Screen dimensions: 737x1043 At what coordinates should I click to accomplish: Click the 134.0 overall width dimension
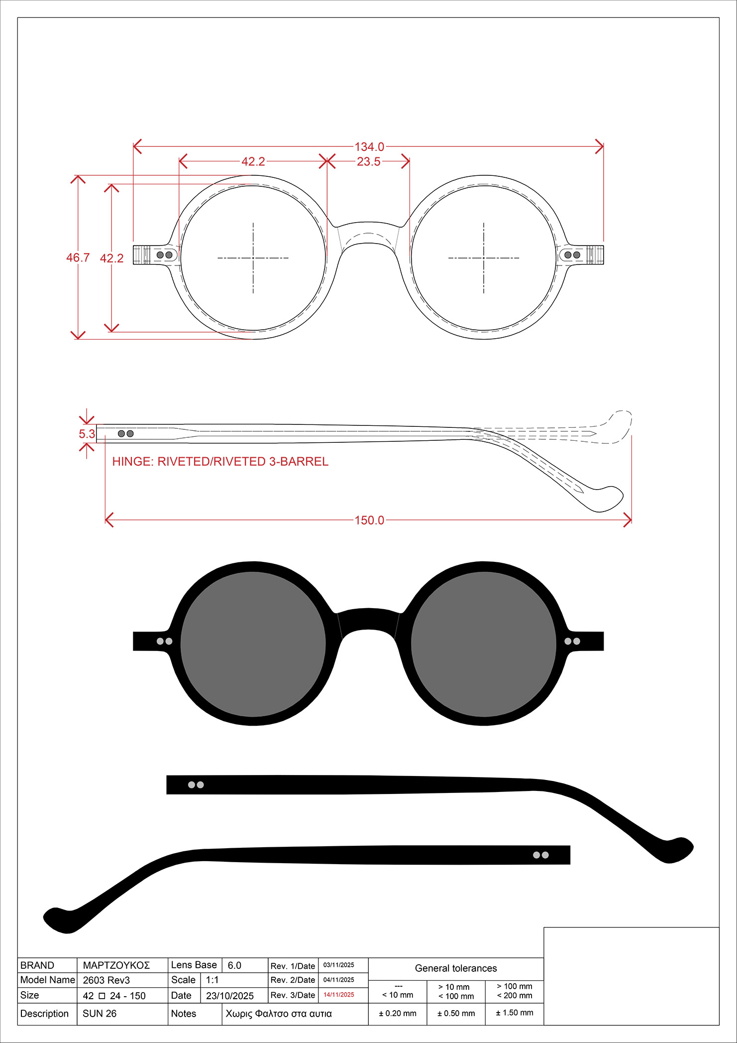(x=369, y=147)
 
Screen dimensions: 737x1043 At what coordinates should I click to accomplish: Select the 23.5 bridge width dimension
(x=369, y=161)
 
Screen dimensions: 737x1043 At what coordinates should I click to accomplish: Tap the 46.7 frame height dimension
(x=78, y=258)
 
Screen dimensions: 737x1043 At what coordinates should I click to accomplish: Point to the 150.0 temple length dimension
(x=369, y=520)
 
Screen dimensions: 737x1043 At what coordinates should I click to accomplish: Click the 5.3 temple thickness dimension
(x=87, y=434)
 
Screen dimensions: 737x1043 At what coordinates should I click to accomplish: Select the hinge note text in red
(x=220, y=461)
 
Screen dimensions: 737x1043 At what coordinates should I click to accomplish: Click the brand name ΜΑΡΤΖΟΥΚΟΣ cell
(x=116, y=965)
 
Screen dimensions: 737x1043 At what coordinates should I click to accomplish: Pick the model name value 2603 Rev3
(x=106, y=980)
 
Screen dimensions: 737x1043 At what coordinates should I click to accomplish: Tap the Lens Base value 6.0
(x=234, y=965)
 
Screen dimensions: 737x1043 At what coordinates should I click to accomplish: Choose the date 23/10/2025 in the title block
(x=230, y=996)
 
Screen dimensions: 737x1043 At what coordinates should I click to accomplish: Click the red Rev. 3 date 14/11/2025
(x=339, y=995)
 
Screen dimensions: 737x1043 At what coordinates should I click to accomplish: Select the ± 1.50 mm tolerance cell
(x=515, y=1013)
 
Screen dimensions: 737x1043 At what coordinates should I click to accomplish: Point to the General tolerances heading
(x=456, y=968)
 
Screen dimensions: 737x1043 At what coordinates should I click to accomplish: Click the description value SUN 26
(x=100, y=1014)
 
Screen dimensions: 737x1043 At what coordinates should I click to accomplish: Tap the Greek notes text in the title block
(x=279, y=1014)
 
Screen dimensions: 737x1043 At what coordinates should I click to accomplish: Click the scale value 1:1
(x=212, y=980)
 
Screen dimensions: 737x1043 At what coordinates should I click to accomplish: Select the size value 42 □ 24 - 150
(x=114, y=996)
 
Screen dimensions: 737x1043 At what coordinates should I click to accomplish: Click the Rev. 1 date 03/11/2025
(x=339, y=965)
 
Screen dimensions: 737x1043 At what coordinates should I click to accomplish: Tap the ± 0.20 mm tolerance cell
(x=398, y=1013)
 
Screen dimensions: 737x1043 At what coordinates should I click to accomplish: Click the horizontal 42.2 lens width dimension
(x=253, y=161)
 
